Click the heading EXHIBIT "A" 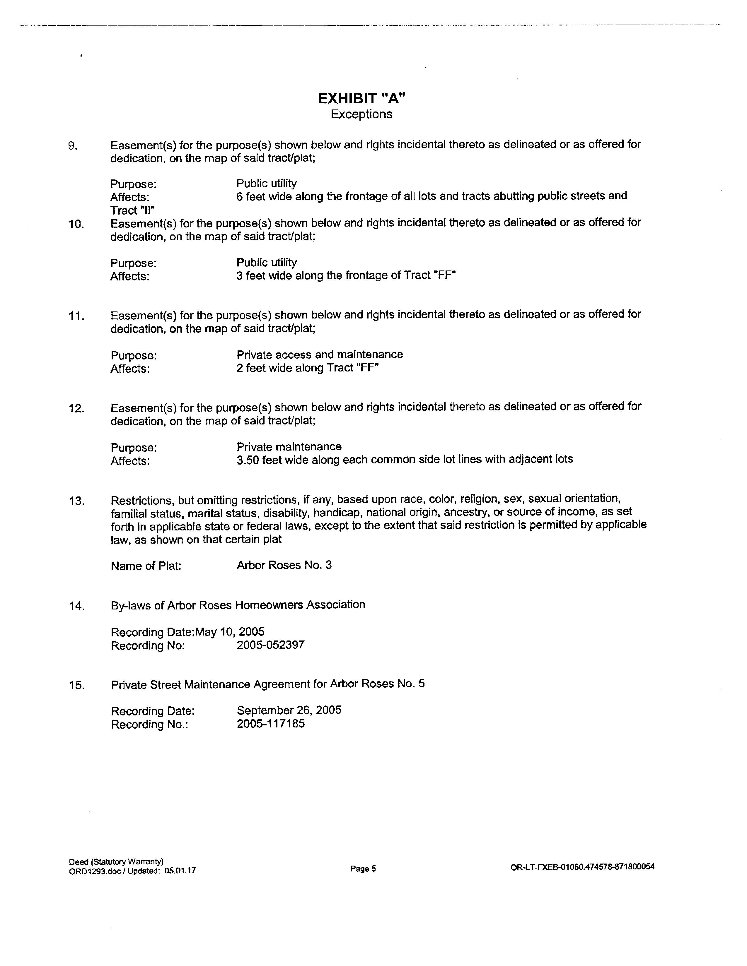tap(361, 98)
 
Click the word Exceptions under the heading tap(361, 114)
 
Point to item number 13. tap(76, 501)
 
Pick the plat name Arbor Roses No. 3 tap(284, 565)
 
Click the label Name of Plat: tap(146, 566)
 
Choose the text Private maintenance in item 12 tap(289, 446)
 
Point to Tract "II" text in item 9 tap(132, 210)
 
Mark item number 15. tap(76, 686)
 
